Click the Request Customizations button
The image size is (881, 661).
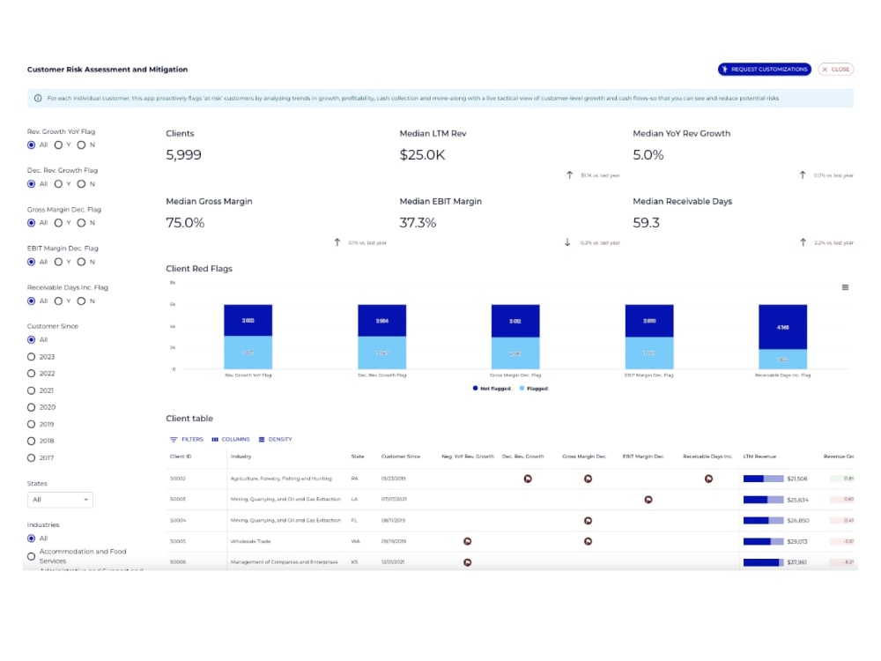tap(764, 70)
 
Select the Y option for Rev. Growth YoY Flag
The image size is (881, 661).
tap(58, 145)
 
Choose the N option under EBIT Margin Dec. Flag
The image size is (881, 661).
tap(81, 262)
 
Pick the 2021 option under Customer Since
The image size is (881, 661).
tap(32, 390)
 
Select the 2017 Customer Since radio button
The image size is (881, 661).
tap(32, 457)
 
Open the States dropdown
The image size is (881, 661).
tap(60, 500)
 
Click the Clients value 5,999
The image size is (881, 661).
tap(184, 155)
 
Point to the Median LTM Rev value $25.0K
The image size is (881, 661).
tap(421, 155)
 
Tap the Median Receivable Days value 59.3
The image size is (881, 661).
tap(647, 223)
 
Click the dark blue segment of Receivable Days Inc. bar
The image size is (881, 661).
tap(782, 326)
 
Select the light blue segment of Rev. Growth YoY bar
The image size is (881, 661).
tap(248, 353)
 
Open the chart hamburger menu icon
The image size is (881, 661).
tap(845, 287)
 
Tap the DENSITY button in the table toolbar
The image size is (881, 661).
tap(275, 439)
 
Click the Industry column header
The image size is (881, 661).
tap(241, 457)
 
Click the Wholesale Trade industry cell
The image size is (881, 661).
tap(249, 541)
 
